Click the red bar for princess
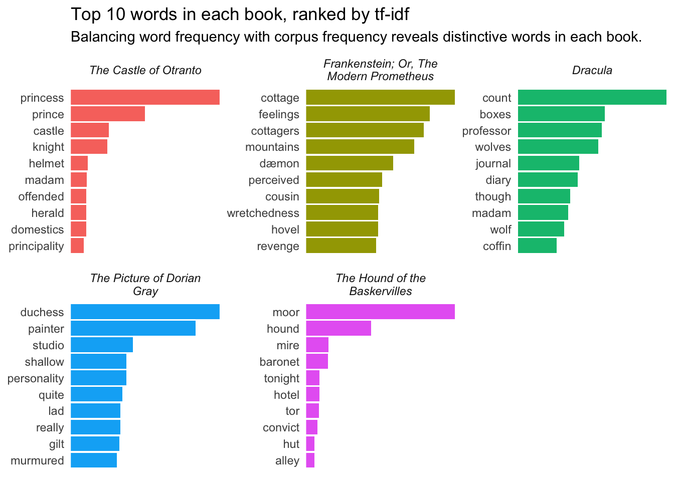click(x=145, y=97)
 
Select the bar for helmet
click(x=79, y=163)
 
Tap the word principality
click(x=36, y=246)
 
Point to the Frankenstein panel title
click(x=380, y=70)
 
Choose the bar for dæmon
click(x=350, y=163)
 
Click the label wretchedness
click(x=263, y=213)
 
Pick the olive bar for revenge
click(x=341, y=246)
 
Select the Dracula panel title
click(x=592, y=70)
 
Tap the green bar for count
click(x=592, y=97)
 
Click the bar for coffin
click(x=537, y=246)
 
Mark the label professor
click(x=486, y=131)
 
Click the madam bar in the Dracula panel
click(x=543, y=213)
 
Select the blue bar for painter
click(x=133, y=329)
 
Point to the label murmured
click(x=37, y=460)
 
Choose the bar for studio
click(x=102, y=345)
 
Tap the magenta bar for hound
click(x=339, y=329)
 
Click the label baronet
click(x=279, y=362)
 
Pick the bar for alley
click(x=310, y=460)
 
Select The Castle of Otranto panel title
click(x=145, y=70)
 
